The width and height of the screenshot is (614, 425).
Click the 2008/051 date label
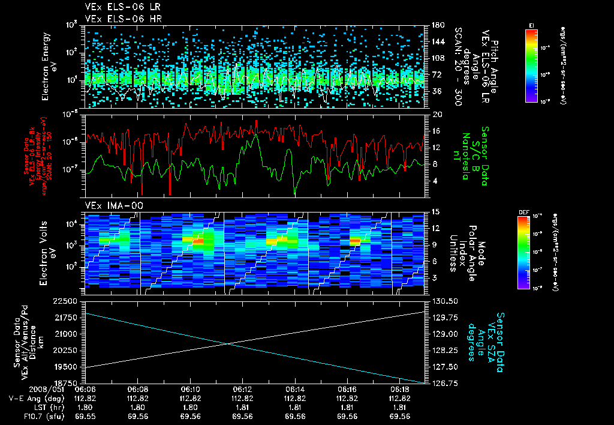tap(22, 389)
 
